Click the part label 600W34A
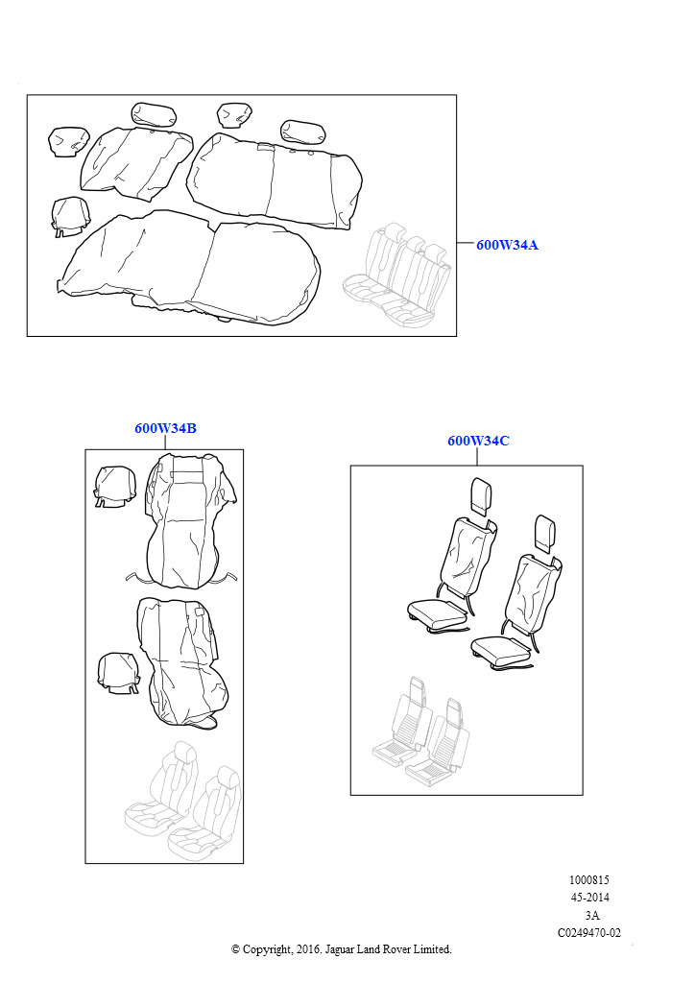tap(507, 245)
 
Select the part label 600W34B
tap(165, 428)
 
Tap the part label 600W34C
tap(478, 441)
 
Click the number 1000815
tap(589, 880)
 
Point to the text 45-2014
tap(589, 898)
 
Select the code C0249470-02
tap(589, 933)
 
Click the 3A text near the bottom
tap(591, 915)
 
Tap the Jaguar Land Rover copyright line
tap(342, 949)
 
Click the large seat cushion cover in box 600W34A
tap(188, 269)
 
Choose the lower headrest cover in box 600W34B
tap(119, 673)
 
